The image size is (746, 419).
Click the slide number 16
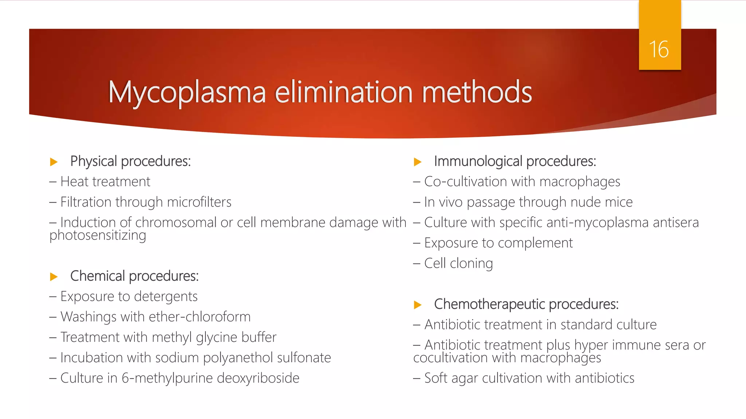tap(659, 49)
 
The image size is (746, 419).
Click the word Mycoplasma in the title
tap(187, 92)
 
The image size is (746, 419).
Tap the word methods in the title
tap(477, 92)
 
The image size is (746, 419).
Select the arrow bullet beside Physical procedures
tap(54, 162)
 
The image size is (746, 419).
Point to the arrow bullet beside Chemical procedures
tap(54, 277)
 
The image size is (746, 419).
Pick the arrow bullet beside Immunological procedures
tap(418, 162)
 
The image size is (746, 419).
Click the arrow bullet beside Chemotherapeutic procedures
tap(418, 305)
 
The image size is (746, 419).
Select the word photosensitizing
tap(98, 236)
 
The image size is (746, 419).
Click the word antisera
tap(676, 223)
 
